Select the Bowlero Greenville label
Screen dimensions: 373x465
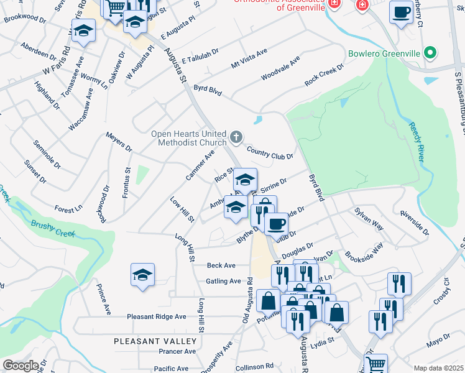coord(384,54)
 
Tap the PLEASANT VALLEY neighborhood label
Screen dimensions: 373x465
coord(155,341)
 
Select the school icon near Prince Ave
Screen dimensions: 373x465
coord(142,275)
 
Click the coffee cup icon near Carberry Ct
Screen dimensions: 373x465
coord(401,12)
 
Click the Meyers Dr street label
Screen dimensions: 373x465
coord(119,142)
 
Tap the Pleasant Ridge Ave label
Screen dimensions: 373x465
coord(157,316)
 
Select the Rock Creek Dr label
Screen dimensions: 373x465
coord(324,75)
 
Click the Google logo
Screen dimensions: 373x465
coord(21,366)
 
